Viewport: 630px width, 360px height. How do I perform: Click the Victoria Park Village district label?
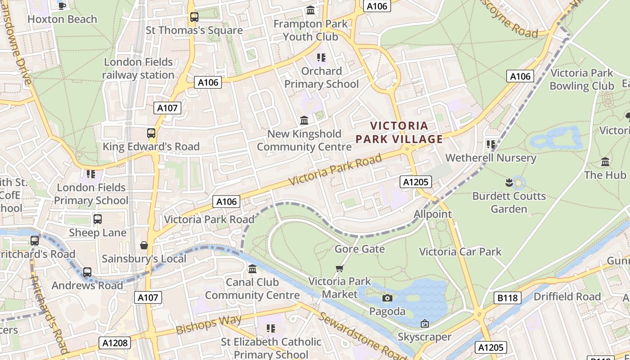click(x=400, y=132)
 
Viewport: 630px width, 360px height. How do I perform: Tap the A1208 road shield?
click(x=115, y=343)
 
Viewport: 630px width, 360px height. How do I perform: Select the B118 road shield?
click(x=508, y=298)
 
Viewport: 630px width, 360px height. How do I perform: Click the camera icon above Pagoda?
click(x=387, y=298)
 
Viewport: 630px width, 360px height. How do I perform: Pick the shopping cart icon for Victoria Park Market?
click(x=340, y=269)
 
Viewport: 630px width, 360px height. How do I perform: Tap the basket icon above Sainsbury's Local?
click(x=144, y=245)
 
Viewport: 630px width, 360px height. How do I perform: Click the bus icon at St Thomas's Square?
click(x=194, y=17)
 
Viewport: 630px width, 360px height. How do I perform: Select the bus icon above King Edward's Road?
click(x=151, y=133)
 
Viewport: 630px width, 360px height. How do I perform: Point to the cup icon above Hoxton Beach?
click(x=62, y=5)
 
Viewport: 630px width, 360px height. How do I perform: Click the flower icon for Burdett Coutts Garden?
click(x=508, y=183)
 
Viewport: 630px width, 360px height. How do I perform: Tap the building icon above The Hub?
click(x=605, y=162)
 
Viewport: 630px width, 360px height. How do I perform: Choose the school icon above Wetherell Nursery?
click(x=490, y=144)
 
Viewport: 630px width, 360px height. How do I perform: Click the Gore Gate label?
click(x=360, y=249)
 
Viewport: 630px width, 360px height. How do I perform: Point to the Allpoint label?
click(x=432, y=214)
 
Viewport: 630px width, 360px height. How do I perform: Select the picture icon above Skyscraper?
click(x=424, y=324)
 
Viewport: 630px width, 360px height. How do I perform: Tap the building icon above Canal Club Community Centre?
click(x=252, y=269)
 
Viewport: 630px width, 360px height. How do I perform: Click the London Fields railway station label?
click(x=138, y=68)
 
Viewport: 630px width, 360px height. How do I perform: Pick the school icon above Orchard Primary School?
click(x=321, y=58)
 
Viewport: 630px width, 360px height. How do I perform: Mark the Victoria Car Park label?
click(x=460, y=252)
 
